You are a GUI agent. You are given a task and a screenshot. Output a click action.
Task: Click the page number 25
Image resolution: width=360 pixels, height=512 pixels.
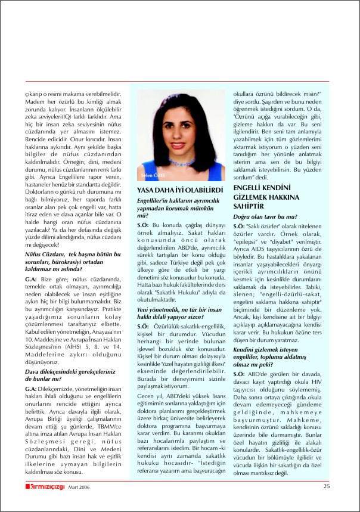pos(327,486)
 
